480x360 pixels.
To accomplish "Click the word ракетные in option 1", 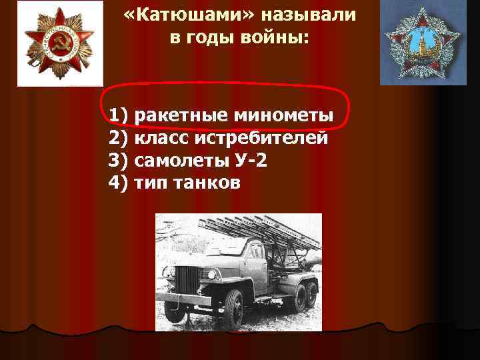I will coord(181,118).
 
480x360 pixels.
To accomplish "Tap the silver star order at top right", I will coord(424,43).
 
